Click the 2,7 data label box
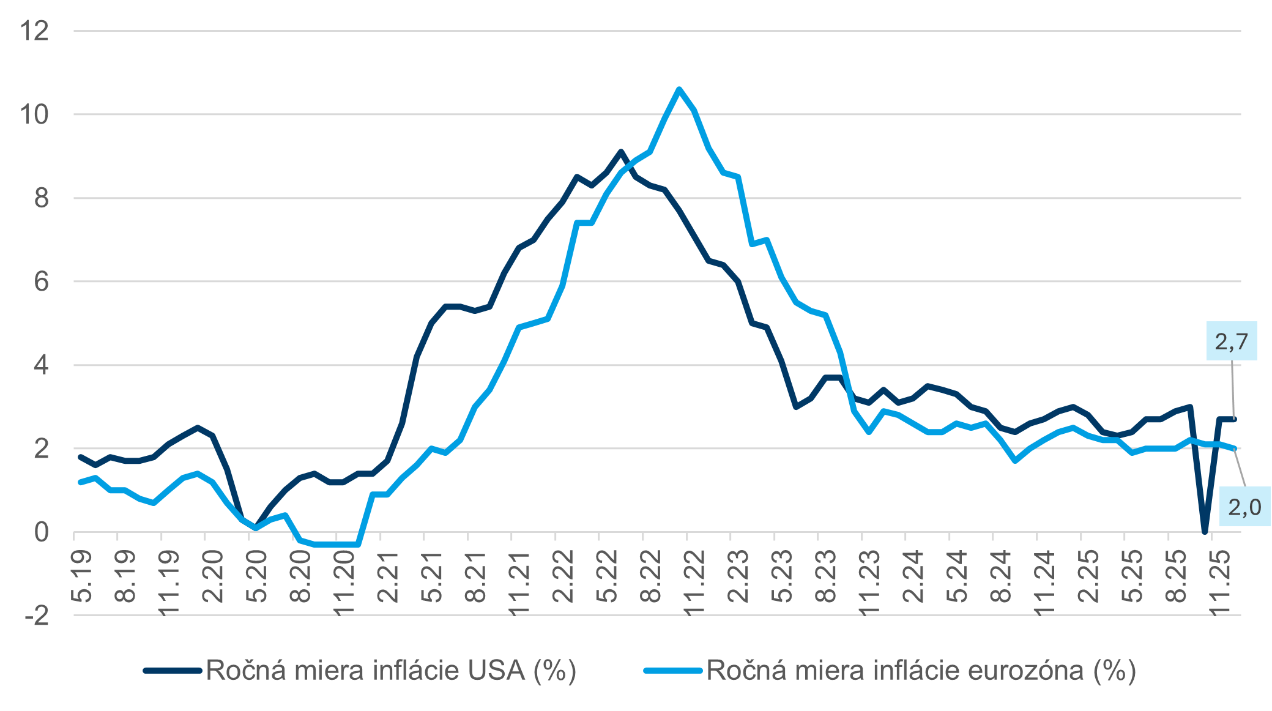coord(1231,341)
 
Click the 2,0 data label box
coord(1244,507)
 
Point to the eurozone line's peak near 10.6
coord(679,89)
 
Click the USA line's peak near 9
coord(620,151)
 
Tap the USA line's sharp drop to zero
coord(1205,531)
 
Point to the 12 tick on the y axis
coord(34,31)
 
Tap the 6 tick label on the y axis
coord(41,281)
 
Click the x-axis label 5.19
coord(82,576)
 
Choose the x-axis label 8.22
coord(651,576)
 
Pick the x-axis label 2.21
coord(388,576)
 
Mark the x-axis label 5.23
coord(783,576)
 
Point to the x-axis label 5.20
coord(257,576)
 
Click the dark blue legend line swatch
coord(172,671)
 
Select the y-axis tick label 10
coord(34,114)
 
